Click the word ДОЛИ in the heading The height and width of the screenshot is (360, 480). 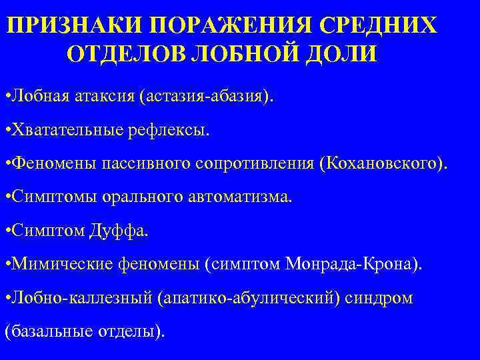pos(339,54)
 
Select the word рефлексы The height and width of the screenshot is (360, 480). pos(167,130)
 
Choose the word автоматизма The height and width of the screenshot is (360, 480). pos(244,197)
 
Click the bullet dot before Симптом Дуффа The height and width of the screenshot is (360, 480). pos(7,231)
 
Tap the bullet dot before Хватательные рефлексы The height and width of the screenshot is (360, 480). pos(7,130)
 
